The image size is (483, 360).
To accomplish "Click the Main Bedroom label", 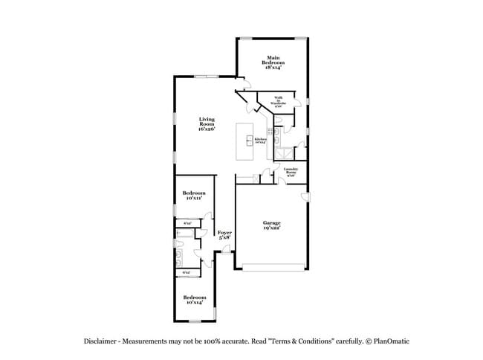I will [x=273, y=62].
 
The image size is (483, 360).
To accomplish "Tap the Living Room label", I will [x=207, y=124].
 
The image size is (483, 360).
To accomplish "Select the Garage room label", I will [x=271, y=225].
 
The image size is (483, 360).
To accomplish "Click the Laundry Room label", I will [x=291, y=172].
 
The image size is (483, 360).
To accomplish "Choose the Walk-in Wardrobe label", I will [x=278, y=103].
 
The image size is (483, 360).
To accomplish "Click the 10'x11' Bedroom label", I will [x=194, y=196].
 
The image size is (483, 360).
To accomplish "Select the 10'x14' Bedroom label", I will [x=194, y=300].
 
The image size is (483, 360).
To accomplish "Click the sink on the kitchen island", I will [x=250, y=139].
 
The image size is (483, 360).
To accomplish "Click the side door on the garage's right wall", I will [x=305, y=196].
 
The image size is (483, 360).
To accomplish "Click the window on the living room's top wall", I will [x=207, y=76].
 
